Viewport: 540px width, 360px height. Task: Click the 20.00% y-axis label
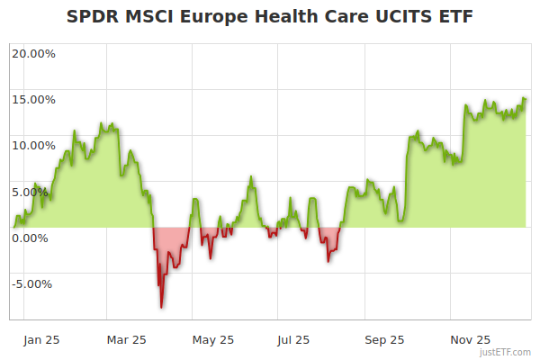click(33, 53)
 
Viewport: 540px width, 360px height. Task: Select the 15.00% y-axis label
click(33, 99)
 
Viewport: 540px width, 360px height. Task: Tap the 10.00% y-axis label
click(33, 145)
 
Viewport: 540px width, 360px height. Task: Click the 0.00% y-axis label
click(33, 238)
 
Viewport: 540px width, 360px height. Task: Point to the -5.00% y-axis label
click(31, 283)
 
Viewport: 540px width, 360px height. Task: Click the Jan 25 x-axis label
click(41, 339)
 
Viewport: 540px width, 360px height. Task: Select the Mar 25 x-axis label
click(127, 339)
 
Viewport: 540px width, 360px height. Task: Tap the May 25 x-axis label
click(213, 339)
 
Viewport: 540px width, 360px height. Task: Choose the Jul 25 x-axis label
click(294, 339)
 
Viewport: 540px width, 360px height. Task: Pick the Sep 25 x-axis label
click(384, 339)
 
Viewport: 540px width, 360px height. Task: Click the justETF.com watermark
click(505, 353)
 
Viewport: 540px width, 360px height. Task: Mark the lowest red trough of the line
click(161, 307)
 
